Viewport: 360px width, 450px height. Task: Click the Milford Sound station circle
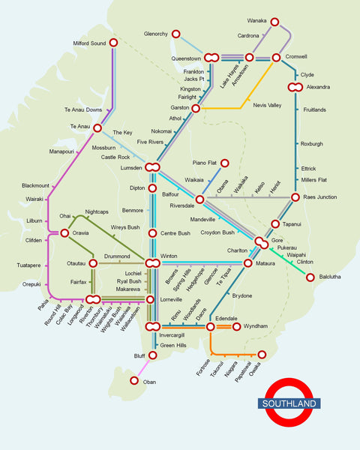click(114, 43)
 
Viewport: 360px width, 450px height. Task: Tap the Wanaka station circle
click(274, 22)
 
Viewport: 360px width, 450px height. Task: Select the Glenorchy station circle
click(175, 34)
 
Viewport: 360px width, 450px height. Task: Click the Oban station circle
click(134, 381)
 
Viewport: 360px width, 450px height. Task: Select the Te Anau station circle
click(97, 128)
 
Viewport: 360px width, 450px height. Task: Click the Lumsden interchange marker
click(152, 167)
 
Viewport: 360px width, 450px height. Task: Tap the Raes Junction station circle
click(297, 197)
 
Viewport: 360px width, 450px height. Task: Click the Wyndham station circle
click(237, 326)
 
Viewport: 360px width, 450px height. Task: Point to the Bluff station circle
click(152, 355)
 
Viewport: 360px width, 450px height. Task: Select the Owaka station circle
click(262, 354)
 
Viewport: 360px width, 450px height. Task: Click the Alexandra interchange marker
click(296, 88)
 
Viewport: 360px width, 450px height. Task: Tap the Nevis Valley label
click(267, 105)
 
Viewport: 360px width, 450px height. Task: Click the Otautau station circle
click(94, 263)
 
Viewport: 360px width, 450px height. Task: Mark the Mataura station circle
click(248, 263)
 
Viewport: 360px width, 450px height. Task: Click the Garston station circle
click(196, 109)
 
